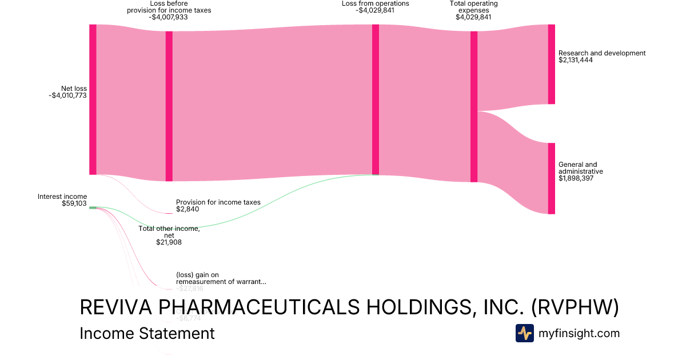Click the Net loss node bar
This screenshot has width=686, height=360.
pos(93,99)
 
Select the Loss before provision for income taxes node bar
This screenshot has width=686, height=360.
pos(169,106)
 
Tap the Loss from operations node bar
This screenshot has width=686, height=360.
pos(376,99)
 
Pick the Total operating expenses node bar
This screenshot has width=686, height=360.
pos(473,107)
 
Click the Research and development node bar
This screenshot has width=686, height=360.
pos(551,64)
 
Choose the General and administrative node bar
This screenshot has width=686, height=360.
pos(551,178)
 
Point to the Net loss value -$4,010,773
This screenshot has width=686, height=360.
pos(67,95)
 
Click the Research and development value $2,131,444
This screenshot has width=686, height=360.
pos(576,60)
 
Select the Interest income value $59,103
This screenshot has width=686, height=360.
pos(74,203)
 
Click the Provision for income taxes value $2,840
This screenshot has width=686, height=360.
pos(188,209)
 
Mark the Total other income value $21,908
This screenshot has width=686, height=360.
pos(169,242)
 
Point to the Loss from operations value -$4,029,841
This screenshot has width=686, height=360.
pos(375,10)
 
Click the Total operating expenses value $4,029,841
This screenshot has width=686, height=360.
pos(473,17)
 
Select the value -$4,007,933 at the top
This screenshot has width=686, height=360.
pos(169,17)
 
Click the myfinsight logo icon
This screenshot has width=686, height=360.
pos(524,333)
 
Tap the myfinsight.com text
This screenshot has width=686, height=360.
pos(579,333)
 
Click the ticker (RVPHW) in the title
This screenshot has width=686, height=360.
pos(575,307)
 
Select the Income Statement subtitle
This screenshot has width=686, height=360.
pos(147,333)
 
